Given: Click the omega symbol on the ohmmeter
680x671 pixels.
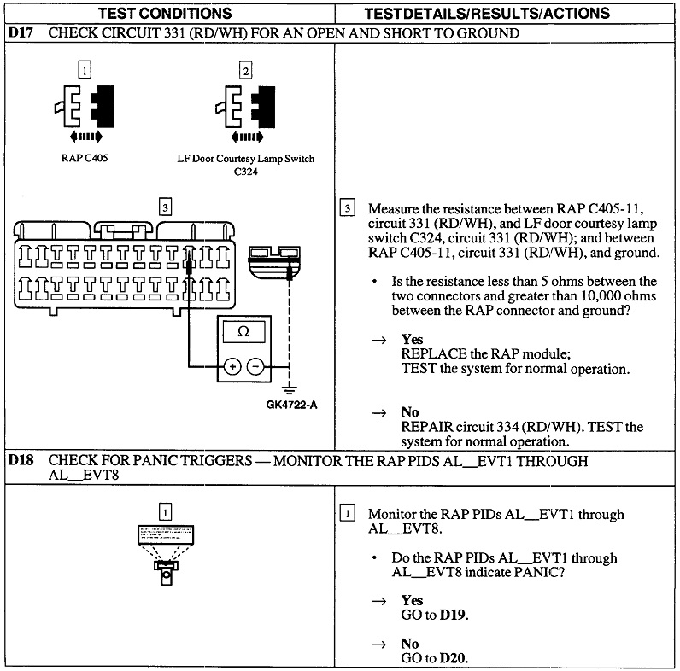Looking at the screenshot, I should [243, 331].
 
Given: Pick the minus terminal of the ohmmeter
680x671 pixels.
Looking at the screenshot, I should [255, 366].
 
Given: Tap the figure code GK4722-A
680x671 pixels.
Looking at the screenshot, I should [290, 404].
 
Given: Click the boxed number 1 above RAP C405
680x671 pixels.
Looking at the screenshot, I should [84, 69].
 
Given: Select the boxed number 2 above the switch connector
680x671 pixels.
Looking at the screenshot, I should [245, 70].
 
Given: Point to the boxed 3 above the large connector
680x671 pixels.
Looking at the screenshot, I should [165, 206].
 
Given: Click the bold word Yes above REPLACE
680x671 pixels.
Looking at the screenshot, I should [412, 339].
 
